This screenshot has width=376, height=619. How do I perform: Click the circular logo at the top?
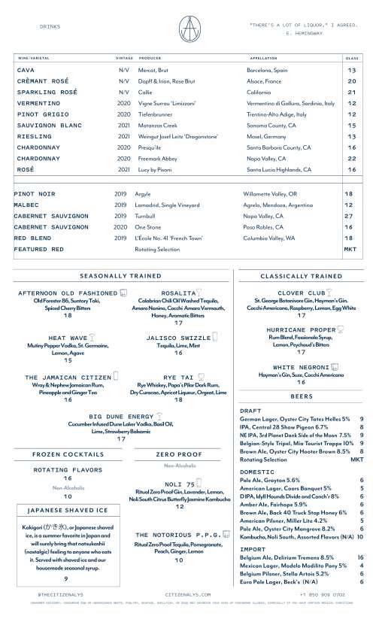tap(187, 29)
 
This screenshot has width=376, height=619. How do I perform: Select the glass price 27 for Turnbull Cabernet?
tap(349, 216)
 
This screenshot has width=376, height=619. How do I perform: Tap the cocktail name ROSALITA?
tap(178, 293)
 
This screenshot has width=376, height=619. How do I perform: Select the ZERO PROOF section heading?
tap(178, 455)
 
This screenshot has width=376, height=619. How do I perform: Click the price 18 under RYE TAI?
tap(178, 400)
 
